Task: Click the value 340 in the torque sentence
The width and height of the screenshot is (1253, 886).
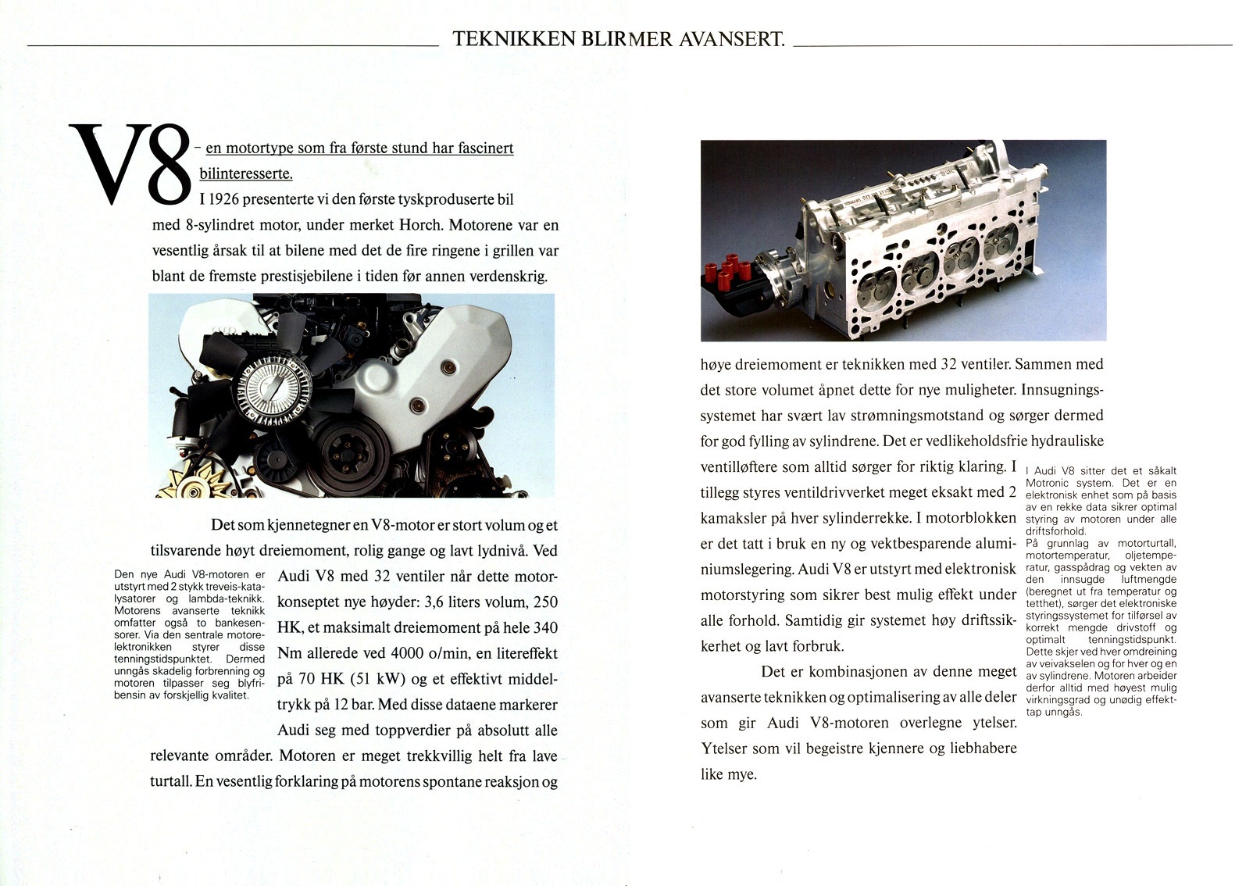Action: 544,628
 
